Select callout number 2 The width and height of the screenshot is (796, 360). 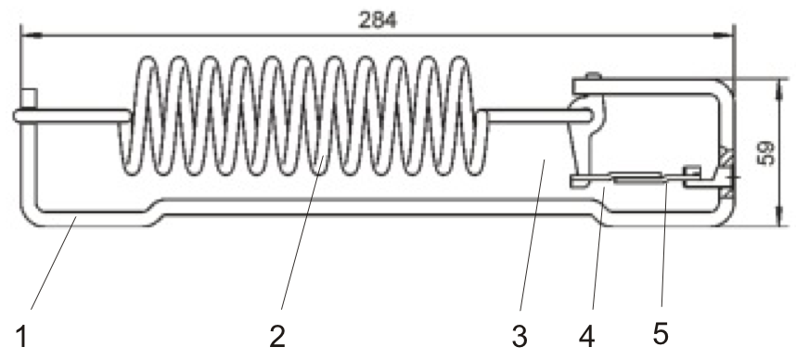tap(276, 336)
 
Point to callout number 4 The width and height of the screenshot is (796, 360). tap(586, 336)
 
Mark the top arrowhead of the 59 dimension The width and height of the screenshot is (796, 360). tap(776, 84)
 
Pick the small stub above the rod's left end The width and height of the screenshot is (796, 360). tap(32, 97)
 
